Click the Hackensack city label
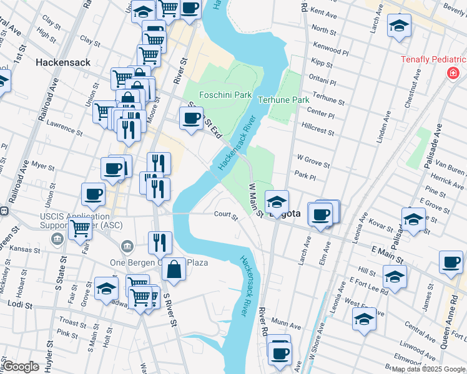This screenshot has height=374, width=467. pos(63,62)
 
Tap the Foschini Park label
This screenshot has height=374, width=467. pos(225,95)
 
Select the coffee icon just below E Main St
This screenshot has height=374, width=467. pos(451,262)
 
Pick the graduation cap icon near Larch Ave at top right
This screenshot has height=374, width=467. pos(399,26)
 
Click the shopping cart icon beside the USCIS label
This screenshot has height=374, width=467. pos(81,229)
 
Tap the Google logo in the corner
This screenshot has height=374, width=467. pos(21,367)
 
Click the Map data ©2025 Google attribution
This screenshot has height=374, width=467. pos(428,369)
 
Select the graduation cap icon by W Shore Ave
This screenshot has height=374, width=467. pos(364,319)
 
